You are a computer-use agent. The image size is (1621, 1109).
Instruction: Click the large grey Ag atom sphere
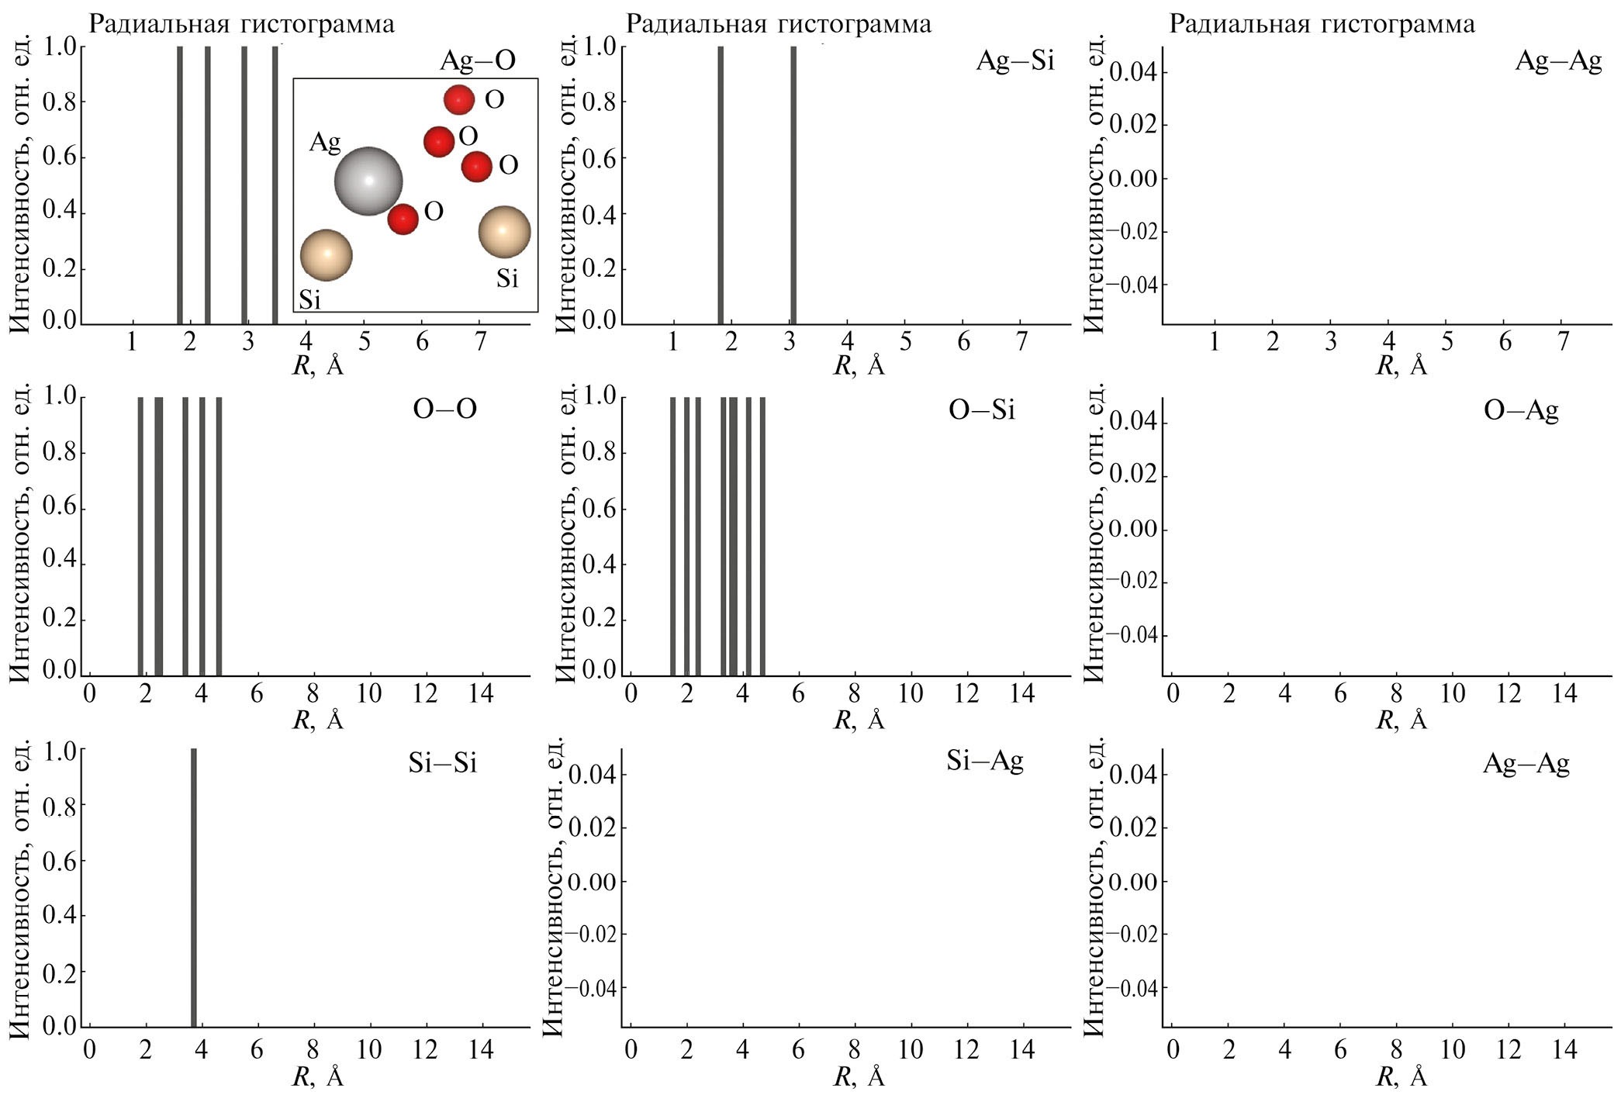(x=368, y=181)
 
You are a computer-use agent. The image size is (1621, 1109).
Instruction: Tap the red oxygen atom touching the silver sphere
(x=403, y=219)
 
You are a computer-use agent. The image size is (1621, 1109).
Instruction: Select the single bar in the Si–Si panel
(x=193, y=888)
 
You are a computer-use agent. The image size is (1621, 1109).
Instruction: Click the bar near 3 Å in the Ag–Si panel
(x=793, y=185)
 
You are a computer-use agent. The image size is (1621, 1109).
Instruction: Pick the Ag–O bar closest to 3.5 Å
(x=275, y=185)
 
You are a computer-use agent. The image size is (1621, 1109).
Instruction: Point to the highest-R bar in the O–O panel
(x=219, y=535)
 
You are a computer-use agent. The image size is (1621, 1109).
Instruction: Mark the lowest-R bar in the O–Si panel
(x=672, y=535)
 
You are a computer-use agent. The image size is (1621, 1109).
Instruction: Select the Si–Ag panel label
(x=984, y=762)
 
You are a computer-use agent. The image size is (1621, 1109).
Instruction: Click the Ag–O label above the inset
(x=477, y=60)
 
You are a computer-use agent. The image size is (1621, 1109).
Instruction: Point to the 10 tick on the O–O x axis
(x=369, y=693)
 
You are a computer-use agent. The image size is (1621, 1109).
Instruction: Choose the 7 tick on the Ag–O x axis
(x=480, y=342)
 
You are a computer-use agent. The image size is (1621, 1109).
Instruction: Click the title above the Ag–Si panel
(x=778, y=24)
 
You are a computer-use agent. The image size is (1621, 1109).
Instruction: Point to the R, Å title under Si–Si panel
(x=317, y=1076)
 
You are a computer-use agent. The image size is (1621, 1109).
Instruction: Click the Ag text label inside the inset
(x=325, y=142)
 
